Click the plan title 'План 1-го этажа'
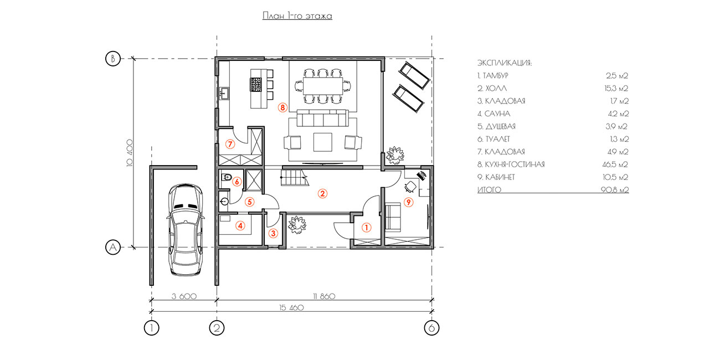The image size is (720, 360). click(297, 16)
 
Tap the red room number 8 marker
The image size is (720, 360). click(282, 107)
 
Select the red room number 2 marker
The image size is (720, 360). click(322, 193)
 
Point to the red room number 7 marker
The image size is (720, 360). click(230, 144)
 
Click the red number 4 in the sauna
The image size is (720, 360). click(240, 225)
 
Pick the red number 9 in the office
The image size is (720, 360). click(408, 202)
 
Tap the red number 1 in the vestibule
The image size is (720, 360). click(367, 228)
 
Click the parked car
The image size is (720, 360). click(186, 230)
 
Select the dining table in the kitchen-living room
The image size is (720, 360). click(323, 85)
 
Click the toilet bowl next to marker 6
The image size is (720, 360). click(227, 177)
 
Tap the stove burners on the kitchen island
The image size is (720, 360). click(256, 85)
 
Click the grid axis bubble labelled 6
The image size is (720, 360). click(431, 328)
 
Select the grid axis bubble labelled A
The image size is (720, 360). click(113, 247)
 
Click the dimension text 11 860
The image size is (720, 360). click(324, 296)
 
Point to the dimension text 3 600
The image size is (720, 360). click(184, 296)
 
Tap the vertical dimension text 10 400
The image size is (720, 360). click(130, 153)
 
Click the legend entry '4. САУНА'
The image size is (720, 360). click(493, 114)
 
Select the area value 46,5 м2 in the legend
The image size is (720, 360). click(615, 164)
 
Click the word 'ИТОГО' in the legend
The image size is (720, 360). click(489, 190)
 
